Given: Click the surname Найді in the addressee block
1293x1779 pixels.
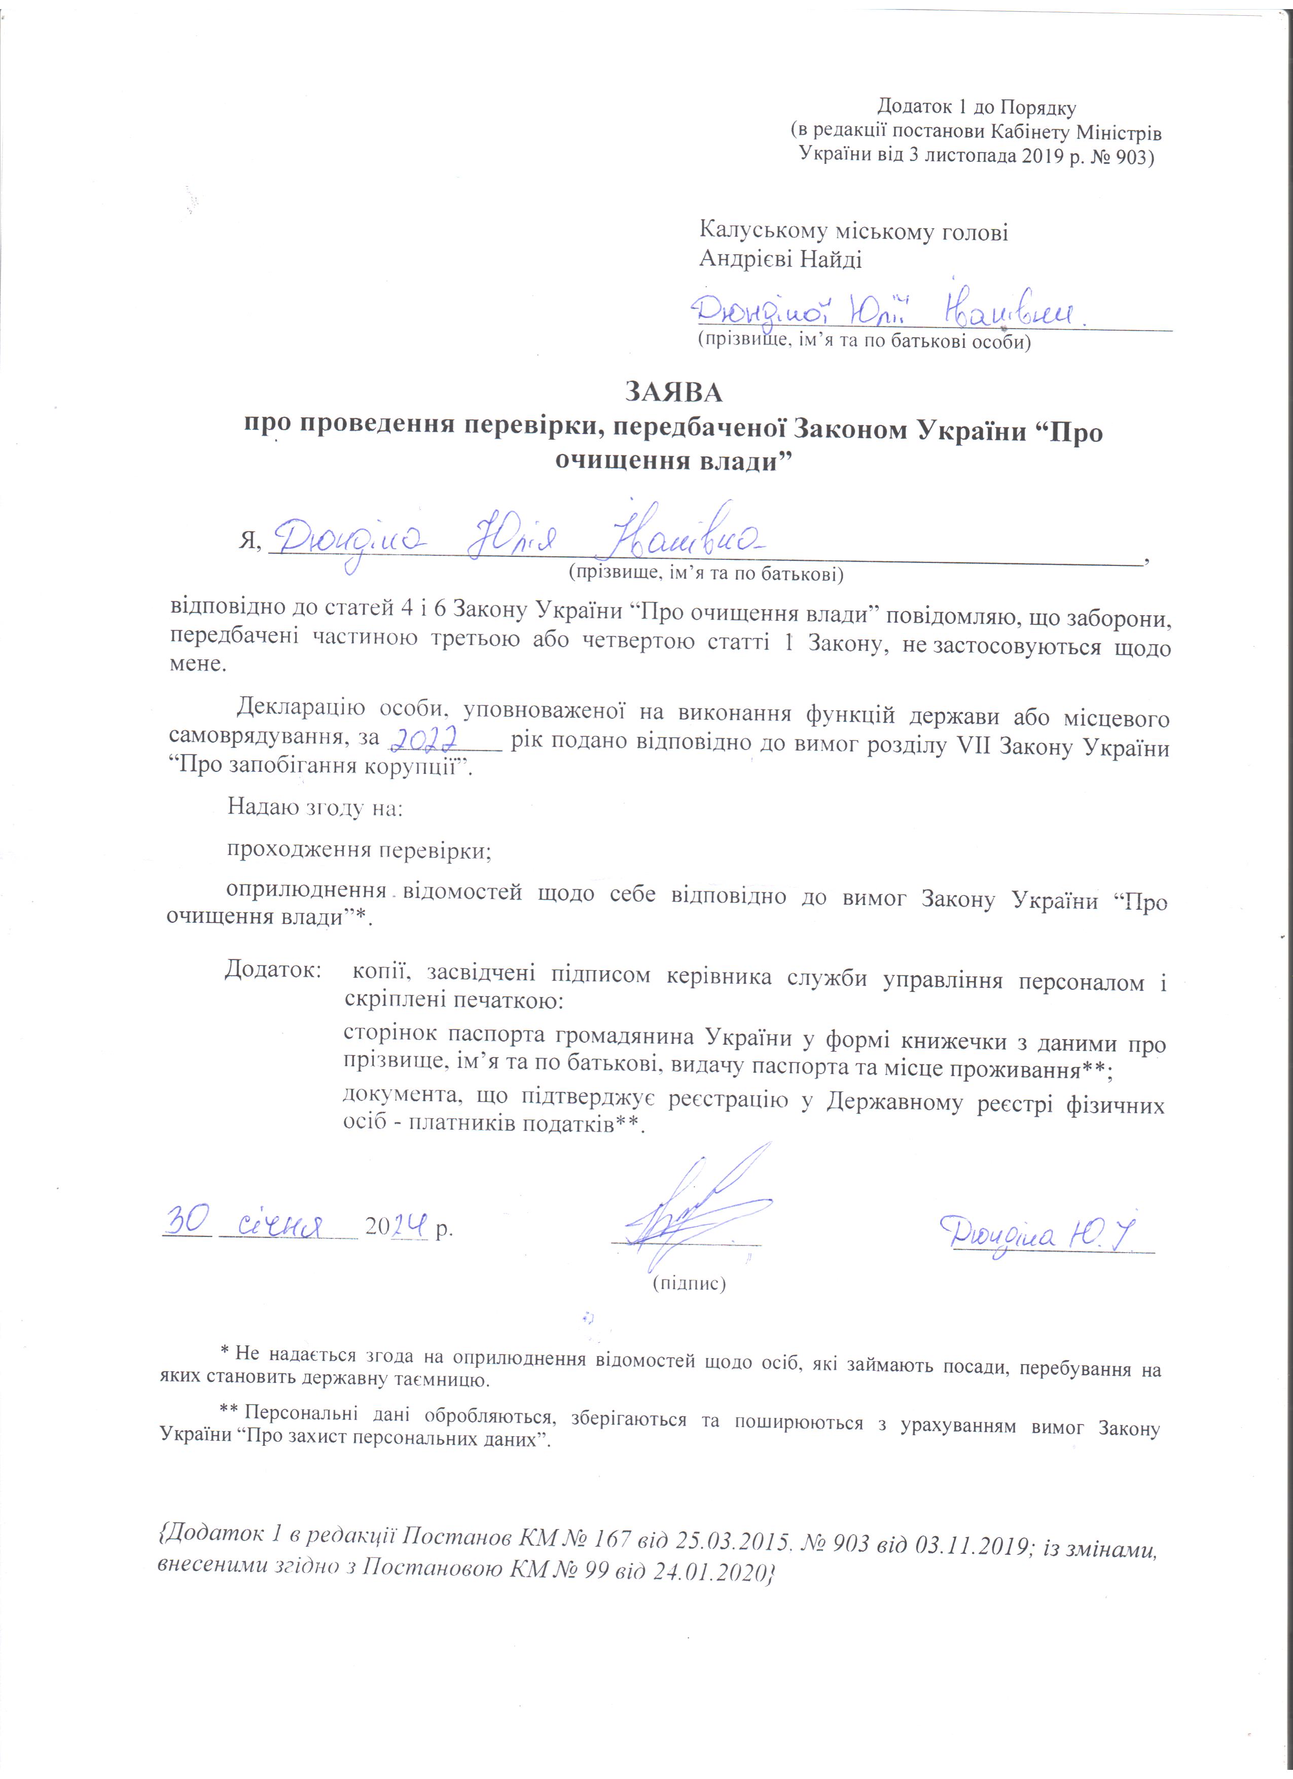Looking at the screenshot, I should tap(831, 260).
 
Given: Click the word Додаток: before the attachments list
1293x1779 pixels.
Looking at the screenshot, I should tap(273, 970).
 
